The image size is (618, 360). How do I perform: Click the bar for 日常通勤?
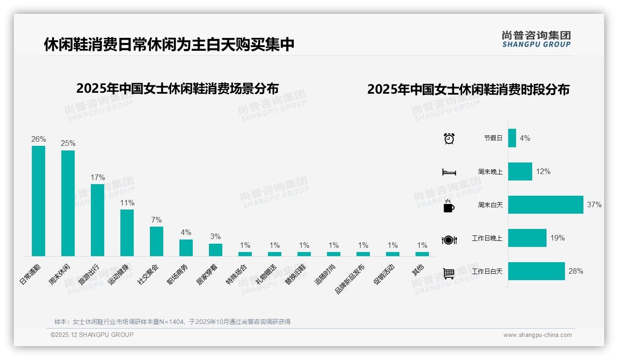coord(38,201)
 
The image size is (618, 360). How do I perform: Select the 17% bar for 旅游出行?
coord(97,220)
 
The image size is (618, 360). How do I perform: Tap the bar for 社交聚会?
coord(156,241)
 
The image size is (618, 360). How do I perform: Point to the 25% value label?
coord(68,143)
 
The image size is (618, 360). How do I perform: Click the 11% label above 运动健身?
coord(127,203)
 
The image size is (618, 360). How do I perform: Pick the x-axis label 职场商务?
coord(178,274)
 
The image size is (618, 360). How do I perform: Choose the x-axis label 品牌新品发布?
coord(351,279)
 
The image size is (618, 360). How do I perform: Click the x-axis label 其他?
coord(418,270)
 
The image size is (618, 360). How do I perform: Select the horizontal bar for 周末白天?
coord(546,204)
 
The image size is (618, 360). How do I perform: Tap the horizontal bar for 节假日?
coord(512,138)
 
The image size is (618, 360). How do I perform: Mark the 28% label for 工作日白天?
coord(576,271)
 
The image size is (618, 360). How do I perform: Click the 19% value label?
coord(557,238)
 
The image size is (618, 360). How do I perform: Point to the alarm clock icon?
coord(449,138)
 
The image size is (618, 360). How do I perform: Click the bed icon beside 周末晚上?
coord(449,172)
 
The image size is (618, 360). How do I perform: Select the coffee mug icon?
coord(449,206)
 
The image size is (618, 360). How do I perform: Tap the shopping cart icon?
coord(449,273)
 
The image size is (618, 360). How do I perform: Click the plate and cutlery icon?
coord(449,240)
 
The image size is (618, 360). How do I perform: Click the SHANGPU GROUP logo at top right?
coord(536,39)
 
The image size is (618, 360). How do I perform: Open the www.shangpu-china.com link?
coord(537,335)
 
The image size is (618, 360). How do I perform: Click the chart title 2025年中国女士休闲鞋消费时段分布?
coord(468,90)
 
